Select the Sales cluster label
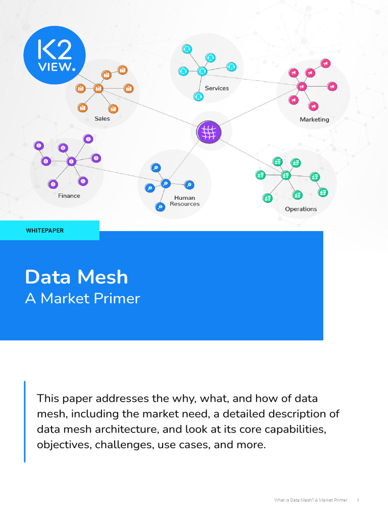tap(102, 119)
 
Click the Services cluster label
tap(217, 88)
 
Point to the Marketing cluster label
tap(314, 120)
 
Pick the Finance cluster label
tap(69, 196)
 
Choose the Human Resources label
tap(184, 201)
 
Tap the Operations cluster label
tap(301, 209)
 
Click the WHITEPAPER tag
tap(45, 231)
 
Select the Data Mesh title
tap(77, 277)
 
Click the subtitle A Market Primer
tap(82, 298)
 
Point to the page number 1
tap(358, 501)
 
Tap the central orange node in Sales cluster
tap(98, 89)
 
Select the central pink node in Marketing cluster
tap(302, 87)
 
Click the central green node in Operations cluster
tap(286, 175)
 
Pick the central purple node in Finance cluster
tap(71, 161)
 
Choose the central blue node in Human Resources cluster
tap(165, 183)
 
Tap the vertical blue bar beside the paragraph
tap(24, 421)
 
